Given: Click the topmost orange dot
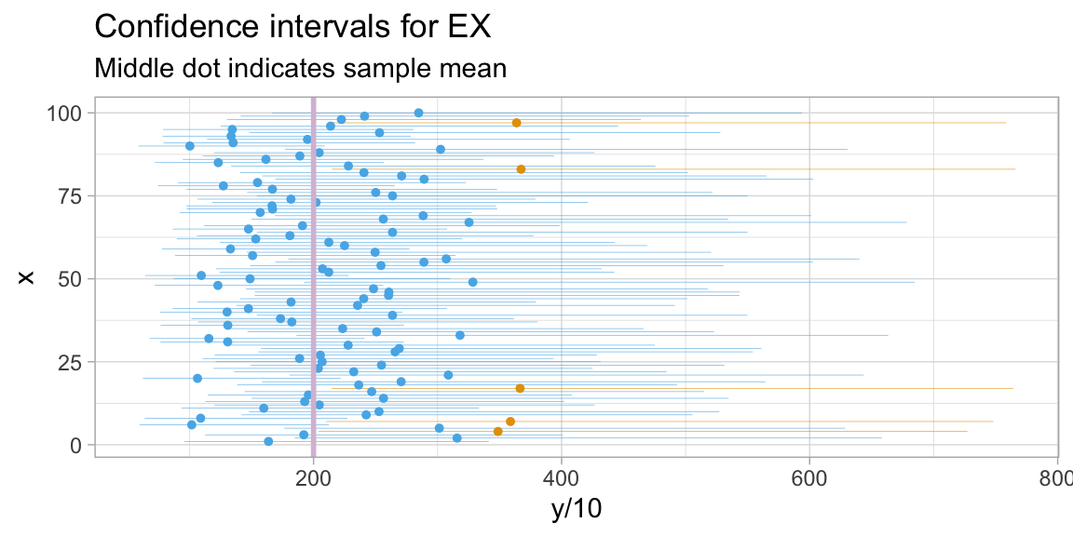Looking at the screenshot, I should [x=516, y=123].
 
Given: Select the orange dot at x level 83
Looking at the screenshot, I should [x=521, y=169].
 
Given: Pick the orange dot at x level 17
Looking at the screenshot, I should [x=520, y=388].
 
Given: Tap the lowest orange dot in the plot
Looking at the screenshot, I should [x=497, y=432].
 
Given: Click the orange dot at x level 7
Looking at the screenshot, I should [x=509, y=422].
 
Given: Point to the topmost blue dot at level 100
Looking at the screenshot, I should [x=418, y=113].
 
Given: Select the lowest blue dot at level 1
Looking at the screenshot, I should [x=268, y=442].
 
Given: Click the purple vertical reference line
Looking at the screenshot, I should [x=313, y=279].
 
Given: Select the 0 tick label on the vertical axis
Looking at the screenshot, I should [x=77, y=446].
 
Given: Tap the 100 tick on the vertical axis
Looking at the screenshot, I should [x=67, y=114].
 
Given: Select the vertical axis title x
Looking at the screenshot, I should [x=27, y=278].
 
